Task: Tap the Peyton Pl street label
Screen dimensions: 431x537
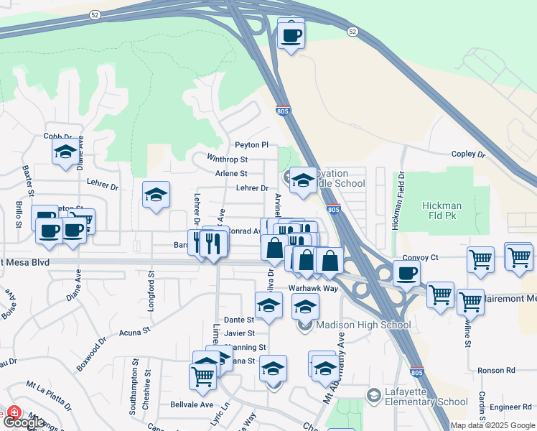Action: pos(252,145)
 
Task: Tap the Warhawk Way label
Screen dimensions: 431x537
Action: pos(313,288)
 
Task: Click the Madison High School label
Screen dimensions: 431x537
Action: pos(363,325)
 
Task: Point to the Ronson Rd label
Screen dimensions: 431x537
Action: pos(500,371)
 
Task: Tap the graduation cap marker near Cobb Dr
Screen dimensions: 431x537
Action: pos(65,151)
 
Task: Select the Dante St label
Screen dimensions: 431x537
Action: pos(240,320)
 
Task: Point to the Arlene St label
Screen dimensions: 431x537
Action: pos(231,173)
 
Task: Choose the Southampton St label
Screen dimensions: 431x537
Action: pos(133,394)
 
